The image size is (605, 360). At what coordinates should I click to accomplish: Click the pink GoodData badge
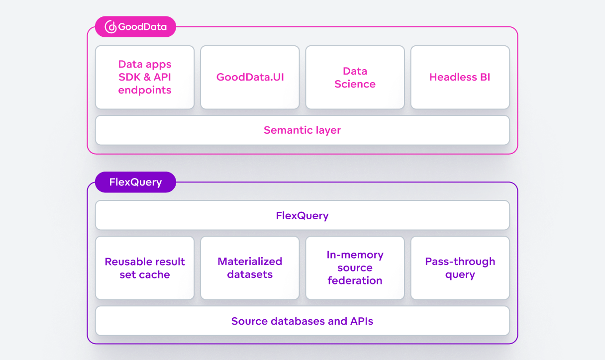tap(135, 27)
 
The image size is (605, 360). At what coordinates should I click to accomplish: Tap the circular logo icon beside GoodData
tap(111, 27)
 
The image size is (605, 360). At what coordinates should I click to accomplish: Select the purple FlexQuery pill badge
tap(135, 182)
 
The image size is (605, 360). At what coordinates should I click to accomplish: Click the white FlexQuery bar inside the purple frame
tap(302, 216)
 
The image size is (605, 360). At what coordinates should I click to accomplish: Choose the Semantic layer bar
tap(302, 130)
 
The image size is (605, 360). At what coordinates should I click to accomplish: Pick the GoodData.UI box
tap(250, 78)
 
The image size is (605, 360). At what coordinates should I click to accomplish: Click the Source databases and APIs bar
tap(302, 321)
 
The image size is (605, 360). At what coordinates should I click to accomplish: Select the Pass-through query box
tap(460, 268)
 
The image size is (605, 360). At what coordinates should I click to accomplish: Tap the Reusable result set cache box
tap(145, 268)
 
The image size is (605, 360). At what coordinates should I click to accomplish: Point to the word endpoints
tap(145, 90)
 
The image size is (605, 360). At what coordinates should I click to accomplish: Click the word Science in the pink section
tap(355, 84)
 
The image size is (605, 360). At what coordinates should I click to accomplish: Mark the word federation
tap(355, 280)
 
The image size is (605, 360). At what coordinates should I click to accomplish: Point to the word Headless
tap(446, 77)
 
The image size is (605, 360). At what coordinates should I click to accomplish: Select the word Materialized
tap(250, 262)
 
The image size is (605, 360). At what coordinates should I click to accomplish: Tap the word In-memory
tap(355, 255)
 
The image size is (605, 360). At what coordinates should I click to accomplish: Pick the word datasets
tap(250, 274)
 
